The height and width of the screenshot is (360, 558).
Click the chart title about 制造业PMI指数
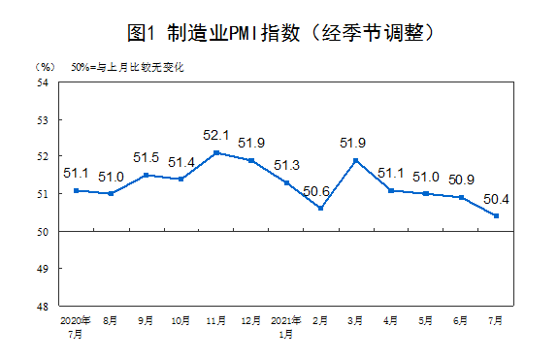point(279,32)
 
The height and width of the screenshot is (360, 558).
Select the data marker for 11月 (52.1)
point(215,152)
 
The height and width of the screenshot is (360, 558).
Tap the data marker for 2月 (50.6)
point(320,209)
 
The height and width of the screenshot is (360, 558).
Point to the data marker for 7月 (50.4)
point(496,216)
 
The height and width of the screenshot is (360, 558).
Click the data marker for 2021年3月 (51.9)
point(356,160)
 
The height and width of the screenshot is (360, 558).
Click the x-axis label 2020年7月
point(76,324)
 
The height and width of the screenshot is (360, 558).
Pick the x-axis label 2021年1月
point(285,324)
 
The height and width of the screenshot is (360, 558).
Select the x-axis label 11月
point(215,319)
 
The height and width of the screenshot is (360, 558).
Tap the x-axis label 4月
point(391,319)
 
